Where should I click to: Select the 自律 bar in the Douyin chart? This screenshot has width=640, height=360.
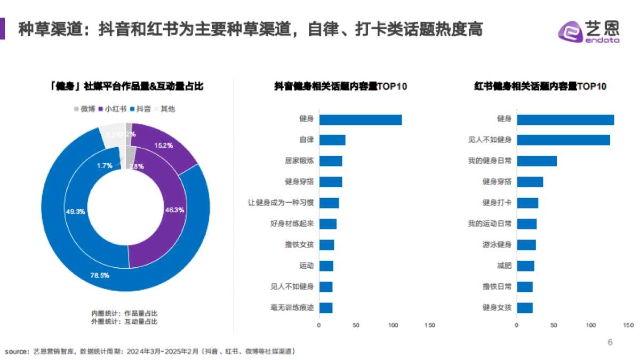click(x=332, y=140)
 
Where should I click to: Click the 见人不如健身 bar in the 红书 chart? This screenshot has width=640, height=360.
click(x=563, y=140)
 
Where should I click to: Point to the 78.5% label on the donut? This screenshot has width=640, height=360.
click(x=100, y=275)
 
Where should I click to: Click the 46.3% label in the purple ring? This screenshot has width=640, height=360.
click(x=175, y=210)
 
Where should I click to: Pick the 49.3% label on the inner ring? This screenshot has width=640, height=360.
click(x=75, y=211)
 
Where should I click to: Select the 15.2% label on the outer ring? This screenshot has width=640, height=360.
click(x=163, y=145)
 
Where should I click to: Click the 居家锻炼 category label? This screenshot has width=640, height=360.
click(x=299, y=161)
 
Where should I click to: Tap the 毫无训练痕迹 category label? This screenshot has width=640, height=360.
click(x=292, y=308)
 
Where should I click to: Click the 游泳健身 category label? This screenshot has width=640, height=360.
click(x=497, y=245)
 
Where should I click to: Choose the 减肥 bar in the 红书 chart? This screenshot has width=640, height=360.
click(x=525, y=266)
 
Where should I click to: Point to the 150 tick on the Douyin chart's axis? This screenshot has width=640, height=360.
click(x=429, y=325)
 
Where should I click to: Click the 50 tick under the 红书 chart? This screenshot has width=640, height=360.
click(x=554, y=325)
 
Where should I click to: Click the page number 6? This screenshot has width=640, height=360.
click(x=610, y=342)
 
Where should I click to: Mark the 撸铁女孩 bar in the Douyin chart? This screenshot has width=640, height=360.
click(x=326, y=245)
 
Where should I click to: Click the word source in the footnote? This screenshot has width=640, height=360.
click(x=15, y=351)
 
